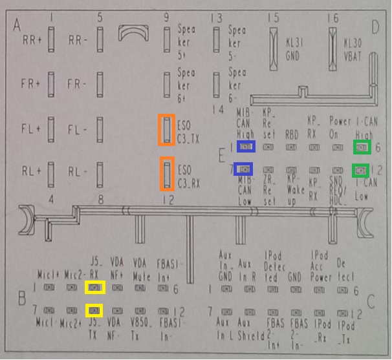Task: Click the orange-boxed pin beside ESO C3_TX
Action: coord(167,129)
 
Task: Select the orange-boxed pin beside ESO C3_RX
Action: coord(167,175)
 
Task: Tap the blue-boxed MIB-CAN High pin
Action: coord(245,147)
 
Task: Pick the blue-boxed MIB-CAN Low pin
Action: coord(243,170)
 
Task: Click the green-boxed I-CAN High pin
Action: coord(362,148)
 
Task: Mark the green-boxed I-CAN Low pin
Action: coord(361,171)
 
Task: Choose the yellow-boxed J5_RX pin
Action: coord(95,287)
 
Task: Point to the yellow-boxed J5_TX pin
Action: coord(95,310)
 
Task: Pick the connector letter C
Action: coord(371,300)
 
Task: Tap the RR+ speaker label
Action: coord(31,40)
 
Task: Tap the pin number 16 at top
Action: coord(332,18)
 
